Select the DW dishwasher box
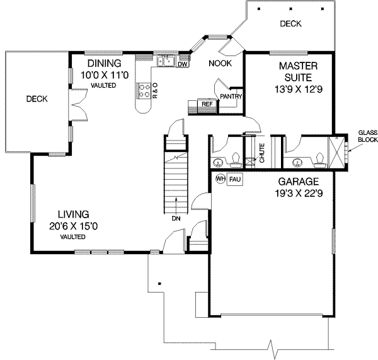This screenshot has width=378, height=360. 183,64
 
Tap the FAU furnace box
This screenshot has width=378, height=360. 234,179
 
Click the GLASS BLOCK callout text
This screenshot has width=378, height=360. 367,136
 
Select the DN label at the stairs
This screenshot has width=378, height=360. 176,219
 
